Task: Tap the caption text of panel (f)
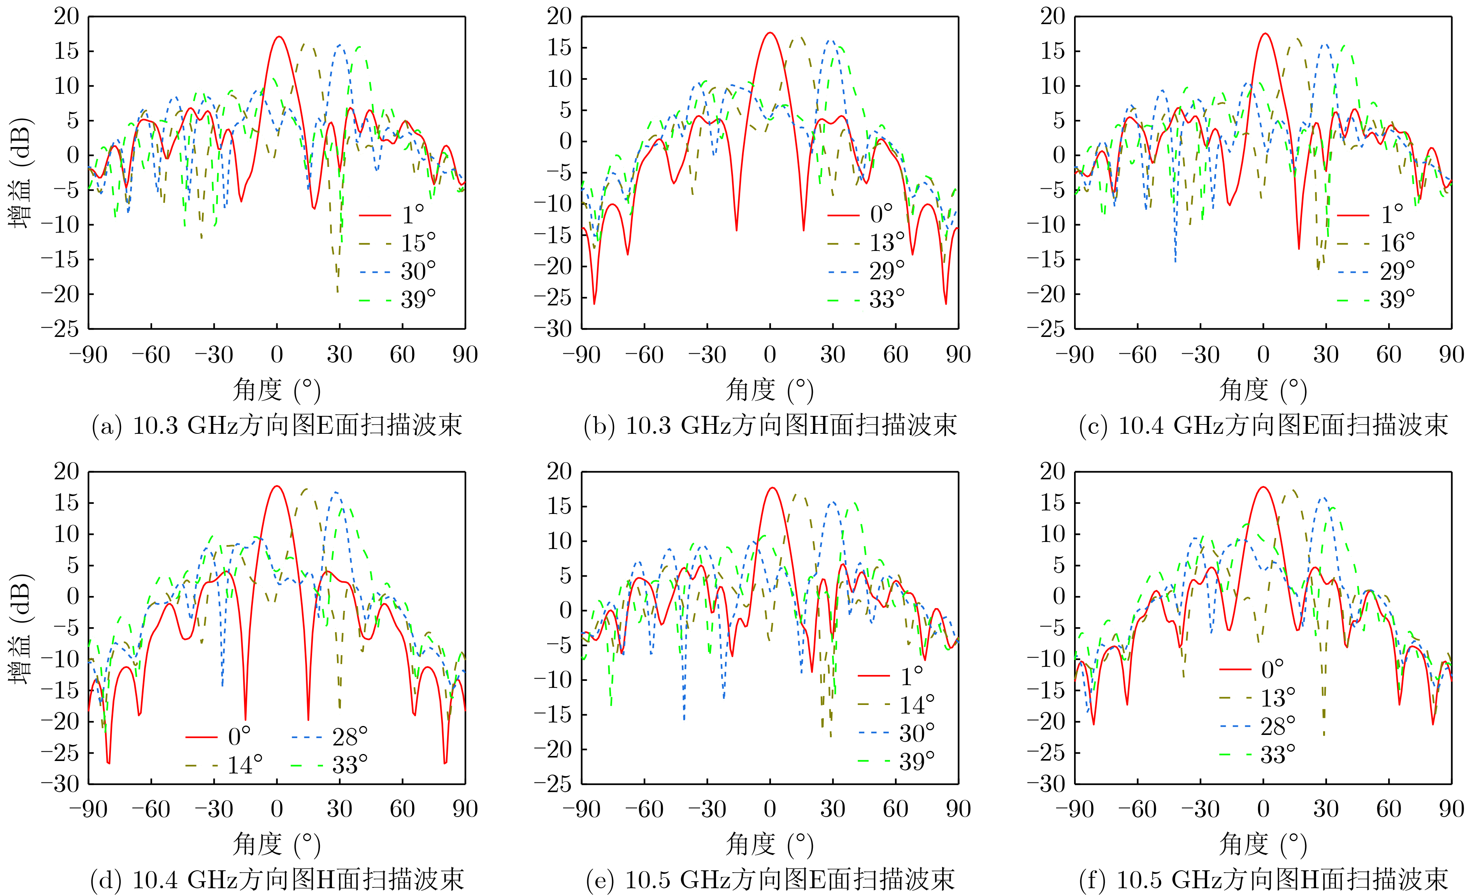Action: (x=1263, y=879)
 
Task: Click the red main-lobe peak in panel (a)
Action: (x=278, y=37)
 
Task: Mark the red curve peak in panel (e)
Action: (x=772, y=488)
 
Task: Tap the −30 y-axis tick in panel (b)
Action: (x=553, y=328)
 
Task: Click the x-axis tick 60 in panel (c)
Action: (x=1388, y=354)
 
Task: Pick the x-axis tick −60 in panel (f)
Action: (x=1137, y=810)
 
